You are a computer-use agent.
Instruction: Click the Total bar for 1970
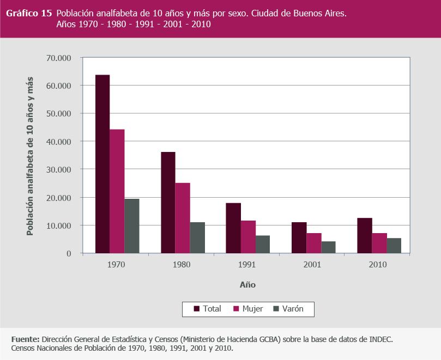102,164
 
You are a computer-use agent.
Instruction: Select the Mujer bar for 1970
117,191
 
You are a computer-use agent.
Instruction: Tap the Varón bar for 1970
132,226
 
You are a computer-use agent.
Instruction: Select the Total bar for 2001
299,238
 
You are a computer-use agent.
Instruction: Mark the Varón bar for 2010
394,246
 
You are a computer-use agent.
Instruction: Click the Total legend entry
208,309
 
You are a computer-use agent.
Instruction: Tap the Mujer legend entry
248,309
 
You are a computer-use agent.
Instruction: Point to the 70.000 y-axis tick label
60,58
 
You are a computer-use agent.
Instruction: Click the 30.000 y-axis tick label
60,169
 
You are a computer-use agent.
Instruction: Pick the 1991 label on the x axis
247,265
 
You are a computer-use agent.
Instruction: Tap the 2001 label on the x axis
313,265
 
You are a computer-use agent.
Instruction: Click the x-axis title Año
247,285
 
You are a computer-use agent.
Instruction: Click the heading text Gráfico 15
29,13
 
